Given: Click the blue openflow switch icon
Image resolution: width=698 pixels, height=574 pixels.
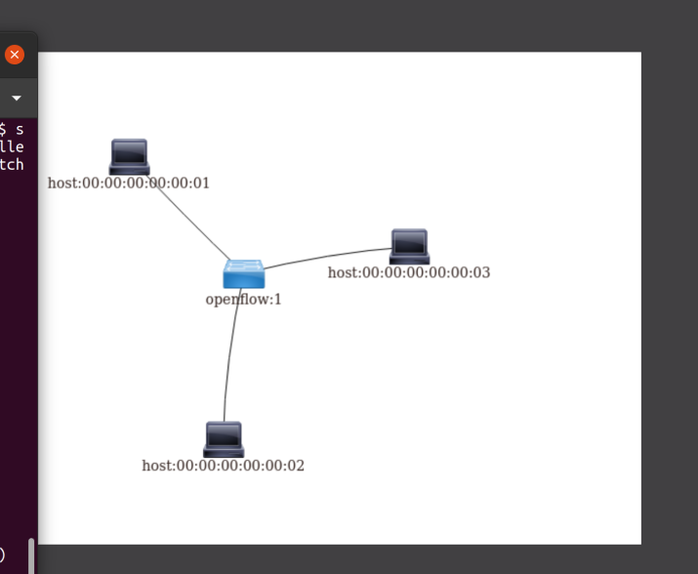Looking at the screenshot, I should pos(243,273).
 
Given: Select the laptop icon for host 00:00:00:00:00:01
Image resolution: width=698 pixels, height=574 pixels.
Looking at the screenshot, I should pos(129,157).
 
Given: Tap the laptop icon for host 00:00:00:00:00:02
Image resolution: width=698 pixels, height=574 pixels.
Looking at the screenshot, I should pos(224,439).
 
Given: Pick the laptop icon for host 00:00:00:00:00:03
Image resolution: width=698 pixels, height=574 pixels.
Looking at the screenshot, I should pos(409,247).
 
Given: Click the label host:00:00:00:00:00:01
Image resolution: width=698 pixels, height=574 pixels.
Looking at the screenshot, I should pos(129,184).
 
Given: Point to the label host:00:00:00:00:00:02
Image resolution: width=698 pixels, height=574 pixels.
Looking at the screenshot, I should pos(223,466).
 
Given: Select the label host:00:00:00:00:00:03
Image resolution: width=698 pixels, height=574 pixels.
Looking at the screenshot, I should pos(409,272).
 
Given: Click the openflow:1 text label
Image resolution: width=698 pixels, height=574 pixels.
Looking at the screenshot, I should pos(243,300).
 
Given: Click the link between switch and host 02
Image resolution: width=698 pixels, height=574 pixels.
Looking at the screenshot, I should pos(228,361).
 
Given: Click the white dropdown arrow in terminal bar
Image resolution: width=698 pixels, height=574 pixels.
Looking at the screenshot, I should pos(17,99).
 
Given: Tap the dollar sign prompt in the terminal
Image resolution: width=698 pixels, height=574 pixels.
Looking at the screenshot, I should pos(4,129).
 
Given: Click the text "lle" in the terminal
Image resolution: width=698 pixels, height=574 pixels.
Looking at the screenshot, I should pos(12,146).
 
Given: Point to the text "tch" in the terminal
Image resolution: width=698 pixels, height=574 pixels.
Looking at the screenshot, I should pos(12,164).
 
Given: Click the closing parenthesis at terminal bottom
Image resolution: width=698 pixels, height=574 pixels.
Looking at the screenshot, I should pos(3,554).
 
